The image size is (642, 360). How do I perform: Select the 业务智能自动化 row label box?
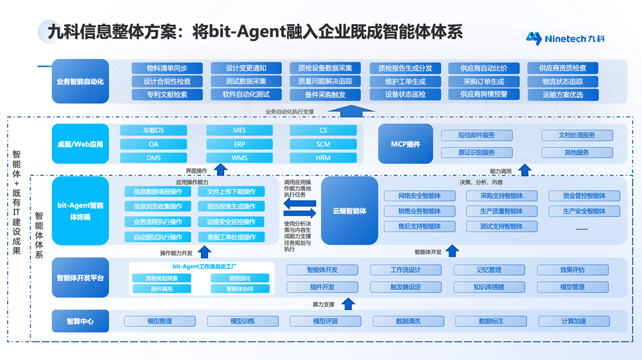coord(80,81)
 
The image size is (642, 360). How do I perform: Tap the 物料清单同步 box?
coord(167,68)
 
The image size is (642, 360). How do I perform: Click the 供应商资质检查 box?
coord(562,68)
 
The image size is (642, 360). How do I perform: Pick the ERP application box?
coord(240,144)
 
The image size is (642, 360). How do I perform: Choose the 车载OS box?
coord(153,130)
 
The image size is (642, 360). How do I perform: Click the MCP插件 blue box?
coord(405,144)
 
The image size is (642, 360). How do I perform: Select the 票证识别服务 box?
coord(476,153)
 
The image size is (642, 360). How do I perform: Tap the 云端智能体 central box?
coord(350,211)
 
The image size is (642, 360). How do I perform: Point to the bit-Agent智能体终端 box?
coord(80,211)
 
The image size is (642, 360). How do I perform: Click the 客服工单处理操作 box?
coord(231,237)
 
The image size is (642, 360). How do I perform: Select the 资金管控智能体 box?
coord(583,195)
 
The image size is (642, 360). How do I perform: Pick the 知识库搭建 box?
coord(489,287)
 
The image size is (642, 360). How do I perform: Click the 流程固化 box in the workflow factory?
coord(240,278)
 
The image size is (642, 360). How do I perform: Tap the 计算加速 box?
coord(574,321)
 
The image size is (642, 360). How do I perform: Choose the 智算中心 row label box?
coord(80,321)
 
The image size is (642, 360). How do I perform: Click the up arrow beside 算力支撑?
coord(349,304)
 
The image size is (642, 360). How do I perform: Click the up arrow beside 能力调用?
coord(524,170)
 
